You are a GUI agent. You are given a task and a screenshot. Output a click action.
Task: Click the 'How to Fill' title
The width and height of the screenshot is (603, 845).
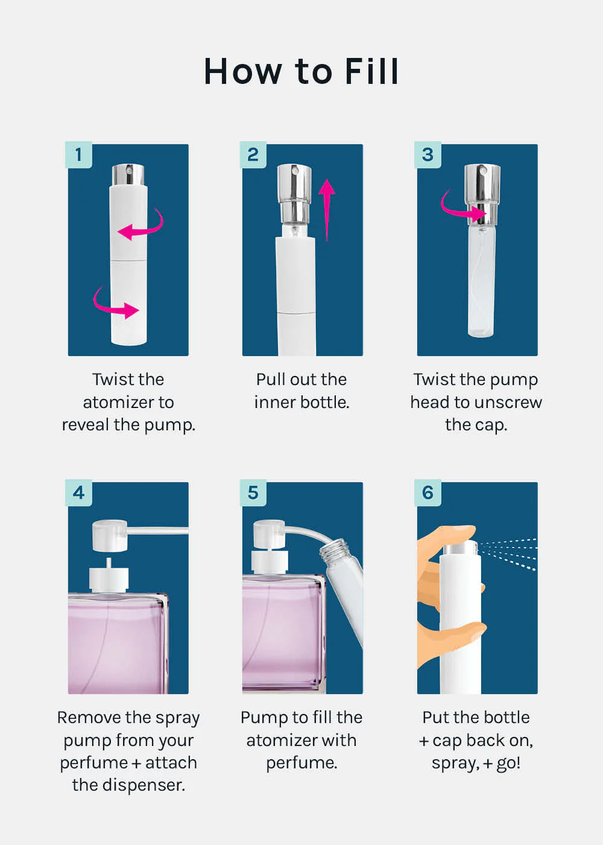(x=301, y=71)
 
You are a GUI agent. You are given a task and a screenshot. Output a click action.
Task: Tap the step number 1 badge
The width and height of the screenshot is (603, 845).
(x=78, y=155)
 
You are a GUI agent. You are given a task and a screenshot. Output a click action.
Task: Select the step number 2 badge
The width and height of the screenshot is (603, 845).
(x=253, y=155)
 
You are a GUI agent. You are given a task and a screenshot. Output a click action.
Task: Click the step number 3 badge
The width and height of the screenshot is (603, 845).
(x=428, y=155)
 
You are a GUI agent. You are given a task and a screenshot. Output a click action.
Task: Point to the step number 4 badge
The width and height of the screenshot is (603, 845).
(x=78, y=493)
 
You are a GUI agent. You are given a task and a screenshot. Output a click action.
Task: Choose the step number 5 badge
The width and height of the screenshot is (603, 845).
(x=253, y=493)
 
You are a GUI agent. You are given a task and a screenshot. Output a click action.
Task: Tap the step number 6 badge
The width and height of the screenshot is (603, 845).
(x=428, y=493)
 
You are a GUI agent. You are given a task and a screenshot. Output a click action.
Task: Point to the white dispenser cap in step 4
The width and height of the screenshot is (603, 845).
(x=110, y=535)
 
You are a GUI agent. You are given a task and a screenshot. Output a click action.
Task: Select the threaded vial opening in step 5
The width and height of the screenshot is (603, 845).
(x=333, y=550)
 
